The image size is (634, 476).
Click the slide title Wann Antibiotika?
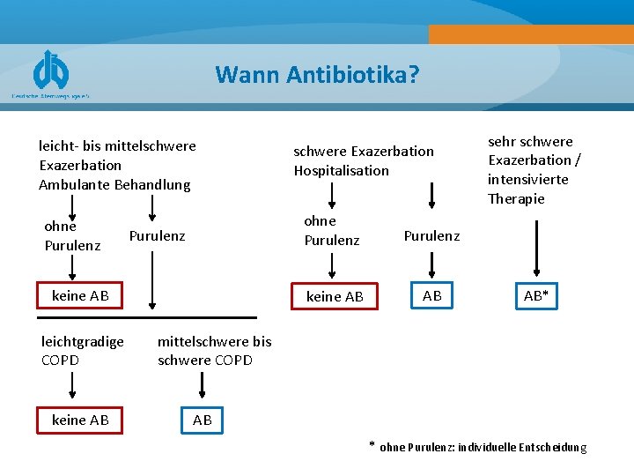(x=317, y=74)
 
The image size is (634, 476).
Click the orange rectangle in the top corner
(x=531, y=33)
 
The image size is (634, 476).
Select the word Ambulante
(x=77, y=185)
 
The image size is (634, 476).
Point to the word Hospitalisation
(x=341, y=171)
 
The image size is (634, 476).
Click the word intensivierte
(x=528, y=180)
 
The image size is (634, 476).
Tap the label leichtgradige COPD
(x=83, y=351)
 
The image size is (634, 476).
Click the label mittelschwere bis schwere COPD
(x=214, y=351)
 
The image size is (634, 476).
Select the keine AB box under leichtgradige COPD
(x=80, y=420)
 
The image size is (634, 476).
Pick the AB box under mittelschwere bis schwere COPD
(x=203, y=420)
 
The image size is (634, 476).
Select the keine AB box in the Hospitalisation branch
(x=335, y=297)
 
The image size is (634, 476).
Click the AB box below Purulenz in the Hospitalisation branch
(x=432, y=296)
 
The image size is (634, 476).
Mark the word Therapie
(x=516, y=199)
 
